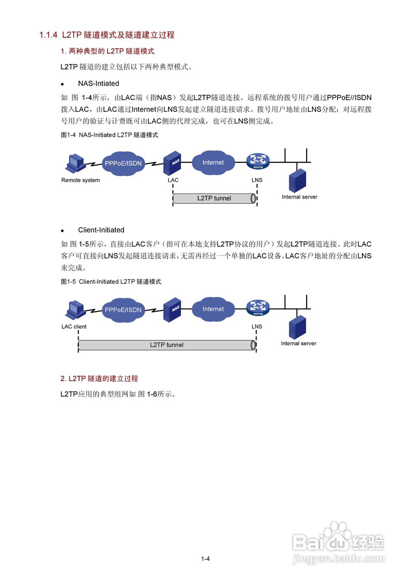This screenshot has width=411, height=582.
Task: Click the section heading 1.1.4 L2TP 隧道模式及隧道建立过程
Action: pyautogui.click(x=107, y=35)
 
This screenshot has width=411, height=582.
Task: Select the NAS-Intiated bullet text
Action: pyautogui.click(x=99, y=84)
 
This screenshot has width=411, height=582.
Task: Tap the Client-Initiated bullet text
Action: pyautogui.click(x=101, y=230)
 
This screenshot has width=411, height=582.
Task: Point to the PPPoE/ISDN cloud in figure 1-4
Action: pyautogui.click(x=123, y=164)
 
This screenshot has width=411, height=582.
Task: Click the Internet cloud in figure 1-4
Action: pyautogui.click(x=213, y=162)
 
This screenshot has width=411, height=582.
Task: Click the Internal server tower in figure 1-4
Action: pyautogui.click(x=298, y=180)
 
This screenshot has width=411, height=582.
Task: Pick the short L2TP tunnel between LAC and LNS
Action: pyautogui.click(x=214, y=198)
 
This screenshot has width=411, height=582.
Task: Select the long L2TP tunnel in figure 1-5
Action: pyautogui.click(x=167, y=345)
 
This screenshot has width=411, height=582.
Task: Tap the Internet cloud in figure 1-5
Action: pyautogui.click(x=213, y=309)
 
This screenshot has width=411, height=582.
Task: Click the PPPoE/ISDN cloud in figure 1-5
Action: pyautogui.click(x=123, y=310)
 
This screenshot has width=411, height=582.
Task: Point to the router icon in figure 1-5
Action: pyautogui.click(x=257, y=307)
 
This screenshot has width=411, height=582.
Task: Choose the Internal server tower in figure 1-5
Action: pyautogui.click(x=298, y=326)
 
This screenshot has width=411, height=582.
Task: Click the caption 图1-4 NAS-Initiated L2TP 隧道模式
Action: pyautogui.click(x=109, y=135)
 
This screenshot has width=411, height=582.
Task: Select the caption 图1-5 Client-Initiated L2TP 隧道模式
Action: pyautogui.click(x=111, y=282)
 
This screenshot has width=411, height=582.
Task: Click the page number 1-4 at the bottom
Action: pyautogui.click(x=205, y=559)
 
